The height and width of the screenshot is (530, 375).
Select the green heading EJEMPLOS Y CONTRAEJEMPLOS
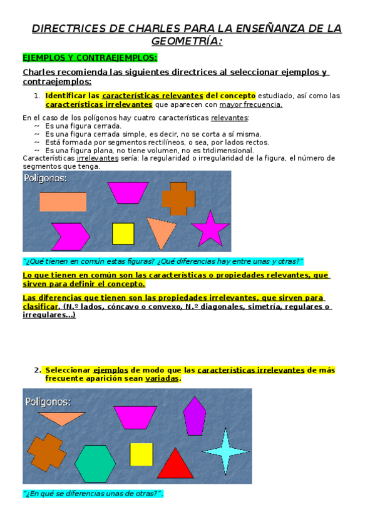click(x=90, y=57)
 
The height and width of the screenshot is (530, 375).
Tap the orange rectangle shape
click(x=63, y=201)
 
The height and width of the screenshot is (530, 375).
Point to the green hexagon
click(x=95, y=464)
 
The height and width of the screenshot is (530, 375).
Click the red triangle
click(x=175, y=464)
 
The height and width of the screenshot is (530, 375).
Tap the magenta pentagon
click(x=195, y=416)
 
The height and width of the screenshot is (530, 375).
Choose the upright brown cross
click(x=178, y=198)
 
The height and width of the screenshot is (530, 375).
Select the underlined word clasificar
click(x=41, y=307)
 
